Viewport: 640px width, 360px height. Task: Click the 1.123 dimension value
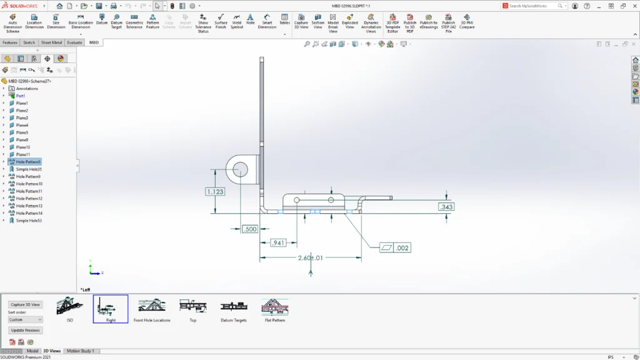coord(214,192)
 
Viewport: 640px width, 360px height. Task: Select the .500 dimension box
coord(250,229)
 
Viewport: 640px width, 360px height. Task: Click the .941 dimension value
coord(277,243)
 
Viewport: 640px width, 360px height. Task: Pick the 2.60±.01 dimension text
coord(311,257)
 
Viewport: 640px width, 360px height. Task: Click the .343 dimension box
coord(446,207)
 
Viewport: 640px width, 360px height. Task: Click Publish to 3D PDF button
coord(410,22)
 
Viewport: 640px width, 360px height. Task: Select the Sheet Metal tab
coord(52,42)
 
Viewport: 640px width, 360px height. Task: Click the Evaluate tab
coord(74,42)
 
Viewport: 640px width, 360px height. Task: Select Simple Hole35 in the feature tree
coord(29,169)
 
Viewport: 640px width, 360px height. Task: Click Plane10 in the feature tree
coord(23,147)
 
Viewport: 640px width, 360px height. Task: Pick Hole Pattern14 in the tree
coord(29,213)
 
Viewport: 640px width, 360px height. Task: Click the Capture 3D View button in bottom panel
coord(25,305)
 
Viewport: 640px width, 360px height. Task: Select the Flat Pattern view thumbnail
coord(274,309)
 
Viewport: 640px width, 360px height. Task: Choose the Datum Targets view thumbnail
coord(234,309)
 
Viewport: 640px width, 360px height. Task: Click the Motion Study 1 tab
coord(80,351)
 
